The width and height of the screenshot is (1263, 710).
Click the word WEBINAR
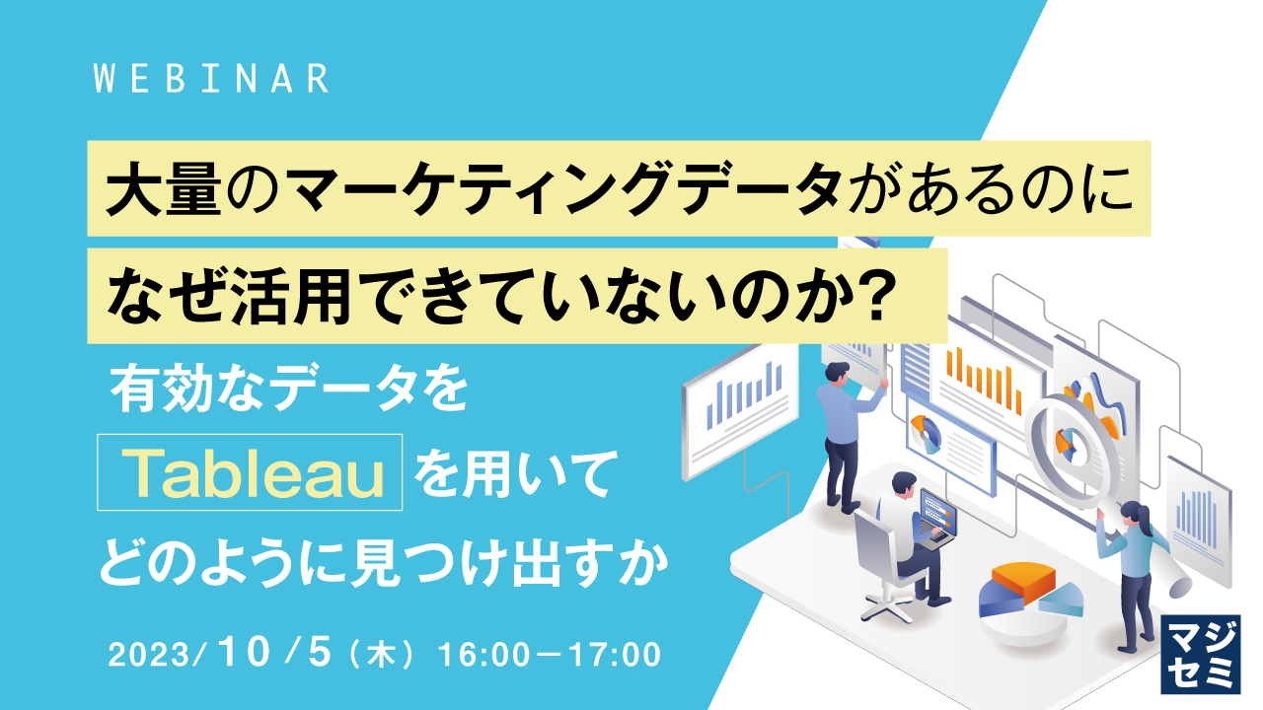point(211,80)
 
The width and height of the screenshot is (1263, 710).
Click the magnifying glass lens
point(1070,440)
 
